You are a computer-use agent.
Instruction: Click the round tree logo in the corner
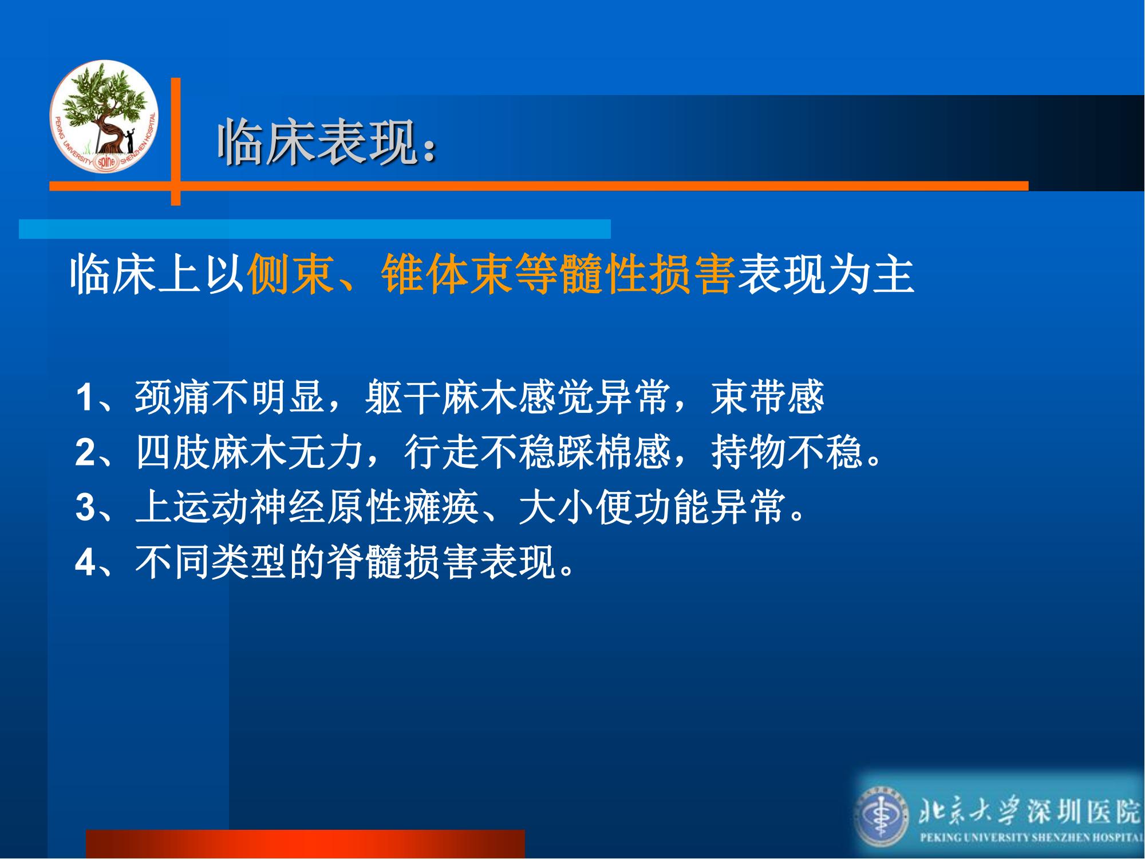[104, 116]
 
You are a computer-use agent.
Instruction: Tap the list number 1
[84, 397]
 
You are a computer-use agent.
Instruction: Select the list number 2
[85, 452]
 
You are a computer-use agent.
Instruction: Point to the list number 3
[85, 507]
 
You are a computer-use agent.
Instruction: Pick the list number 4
[85, 562]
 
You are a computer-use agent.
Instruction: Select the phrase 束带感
[767, 397]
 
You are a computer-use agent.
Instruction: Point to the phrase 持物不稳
[787, 452]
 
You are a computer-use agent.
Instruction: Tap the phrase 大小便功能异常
[652, 507]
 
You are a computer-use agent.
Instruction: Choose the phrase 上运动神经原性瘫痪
[307, 507]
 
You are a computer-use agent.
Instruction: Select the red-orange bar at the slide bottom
[305, 844]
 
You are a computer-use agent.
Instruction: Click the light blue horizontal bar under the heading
[315, 228]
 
